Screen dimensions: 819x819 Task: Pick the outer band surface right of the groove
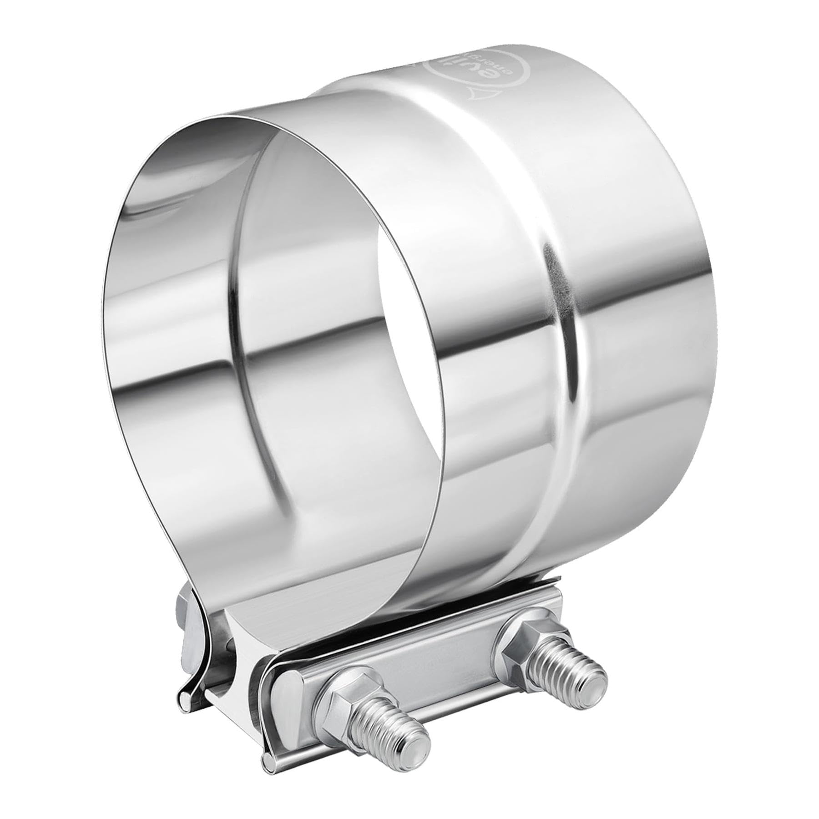pyautogui.click(x=637, y=364)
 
